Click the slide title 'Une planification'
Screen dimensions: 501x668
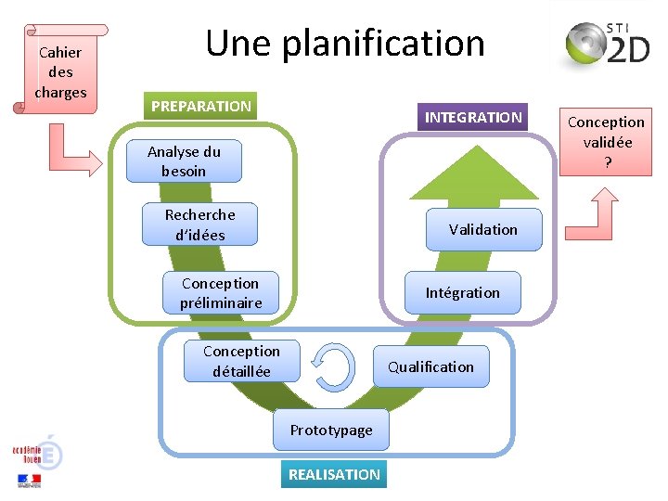tap(345, 44)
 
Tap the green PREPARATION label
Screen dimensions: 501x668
tap(200, 107)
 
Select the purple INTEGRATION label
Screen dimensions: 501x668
tap(473, 118)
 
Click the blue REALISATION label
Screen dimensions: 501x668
tap(334, 474)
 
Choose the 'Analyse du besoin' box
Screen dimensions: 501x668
tap(185, 161)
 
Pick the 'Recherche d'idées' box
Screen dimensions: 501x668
tap(199, 225)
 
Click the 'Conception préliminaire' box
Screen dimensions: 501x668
tap(221, 293)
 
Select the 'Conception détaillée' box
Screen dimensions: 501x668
tap(241, 361)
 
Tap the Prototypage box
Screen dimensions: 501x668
tap(331, 430)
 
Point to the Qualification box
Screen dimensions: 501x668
tap(430, 366)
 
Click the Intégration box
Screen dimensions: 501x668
tap(462, 293)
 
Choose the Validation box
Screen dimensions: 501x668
tap(482, 229)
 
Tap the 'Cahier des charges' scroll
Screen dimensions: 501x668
tap(61, 71)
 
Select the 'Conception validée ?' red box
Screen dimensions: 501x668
tap(606, 142)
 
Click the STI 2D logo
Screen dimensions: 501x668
tap(608, 45)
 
